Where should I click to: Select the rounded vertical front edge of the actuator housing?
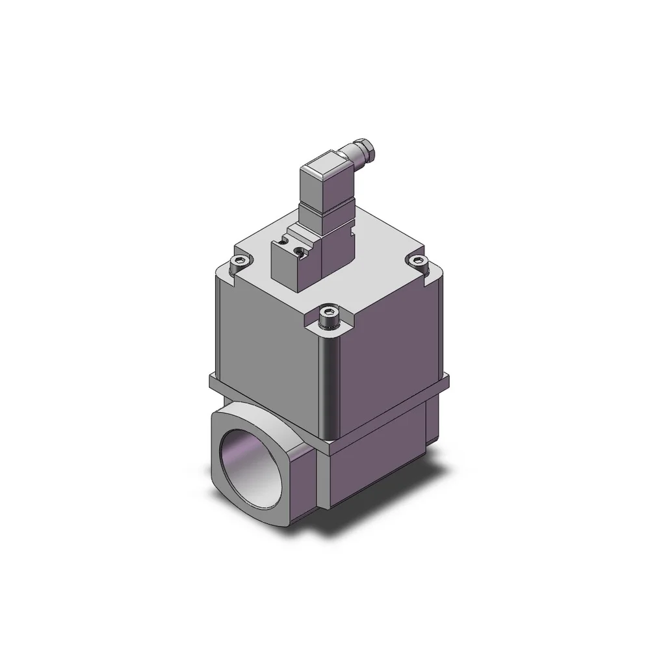tap(328, 383)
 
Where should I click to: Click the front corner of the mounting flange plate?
tap(329, 448)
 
